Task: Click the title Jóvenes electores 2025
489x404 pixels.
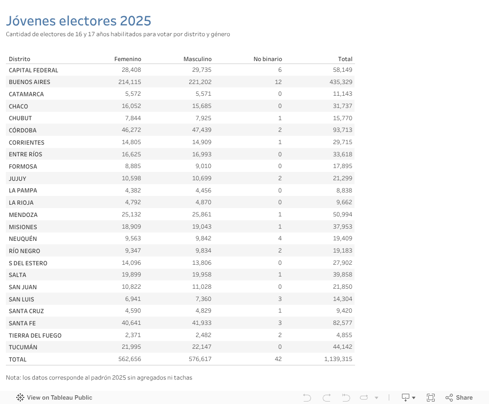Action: [x=78, y=21]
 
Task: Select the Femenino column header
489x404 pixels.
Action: [x=128, y=59]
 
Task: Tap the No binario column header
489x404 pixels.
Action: [x=267, y=59]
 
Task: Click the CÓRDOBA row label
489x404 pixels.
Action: [x=22, y=130]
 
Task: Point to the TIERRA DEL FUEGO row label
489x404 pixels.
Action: [x=35, y=336]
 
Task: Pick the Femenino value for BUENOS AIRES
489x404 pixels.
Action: [x=130, y=82]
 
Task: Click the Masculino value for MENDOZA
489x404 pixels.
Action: [x=200, y=214]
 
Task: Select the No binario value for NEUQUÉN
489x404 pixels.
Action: [x=280, y=239]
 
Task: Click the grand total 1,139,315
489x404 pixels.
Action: [x=338, y=359]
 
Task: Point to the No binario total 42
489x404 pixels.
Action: [x=278, y=359]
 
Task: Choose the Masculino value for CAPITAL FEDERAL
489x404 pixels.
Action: [x=200, y=70]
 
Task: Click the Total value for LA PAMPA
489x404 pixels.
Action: [x=344, y=191]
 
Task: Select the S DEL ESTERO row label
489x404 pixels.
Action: [x=28, y=263]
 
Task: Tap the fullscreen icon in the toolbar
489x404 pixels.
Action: [x=431, y=398]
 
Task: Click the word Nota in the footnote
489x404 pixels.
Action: [x=13, y=378]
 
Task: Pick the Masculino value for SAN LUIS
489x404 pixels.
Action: [x=202, y=299]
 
